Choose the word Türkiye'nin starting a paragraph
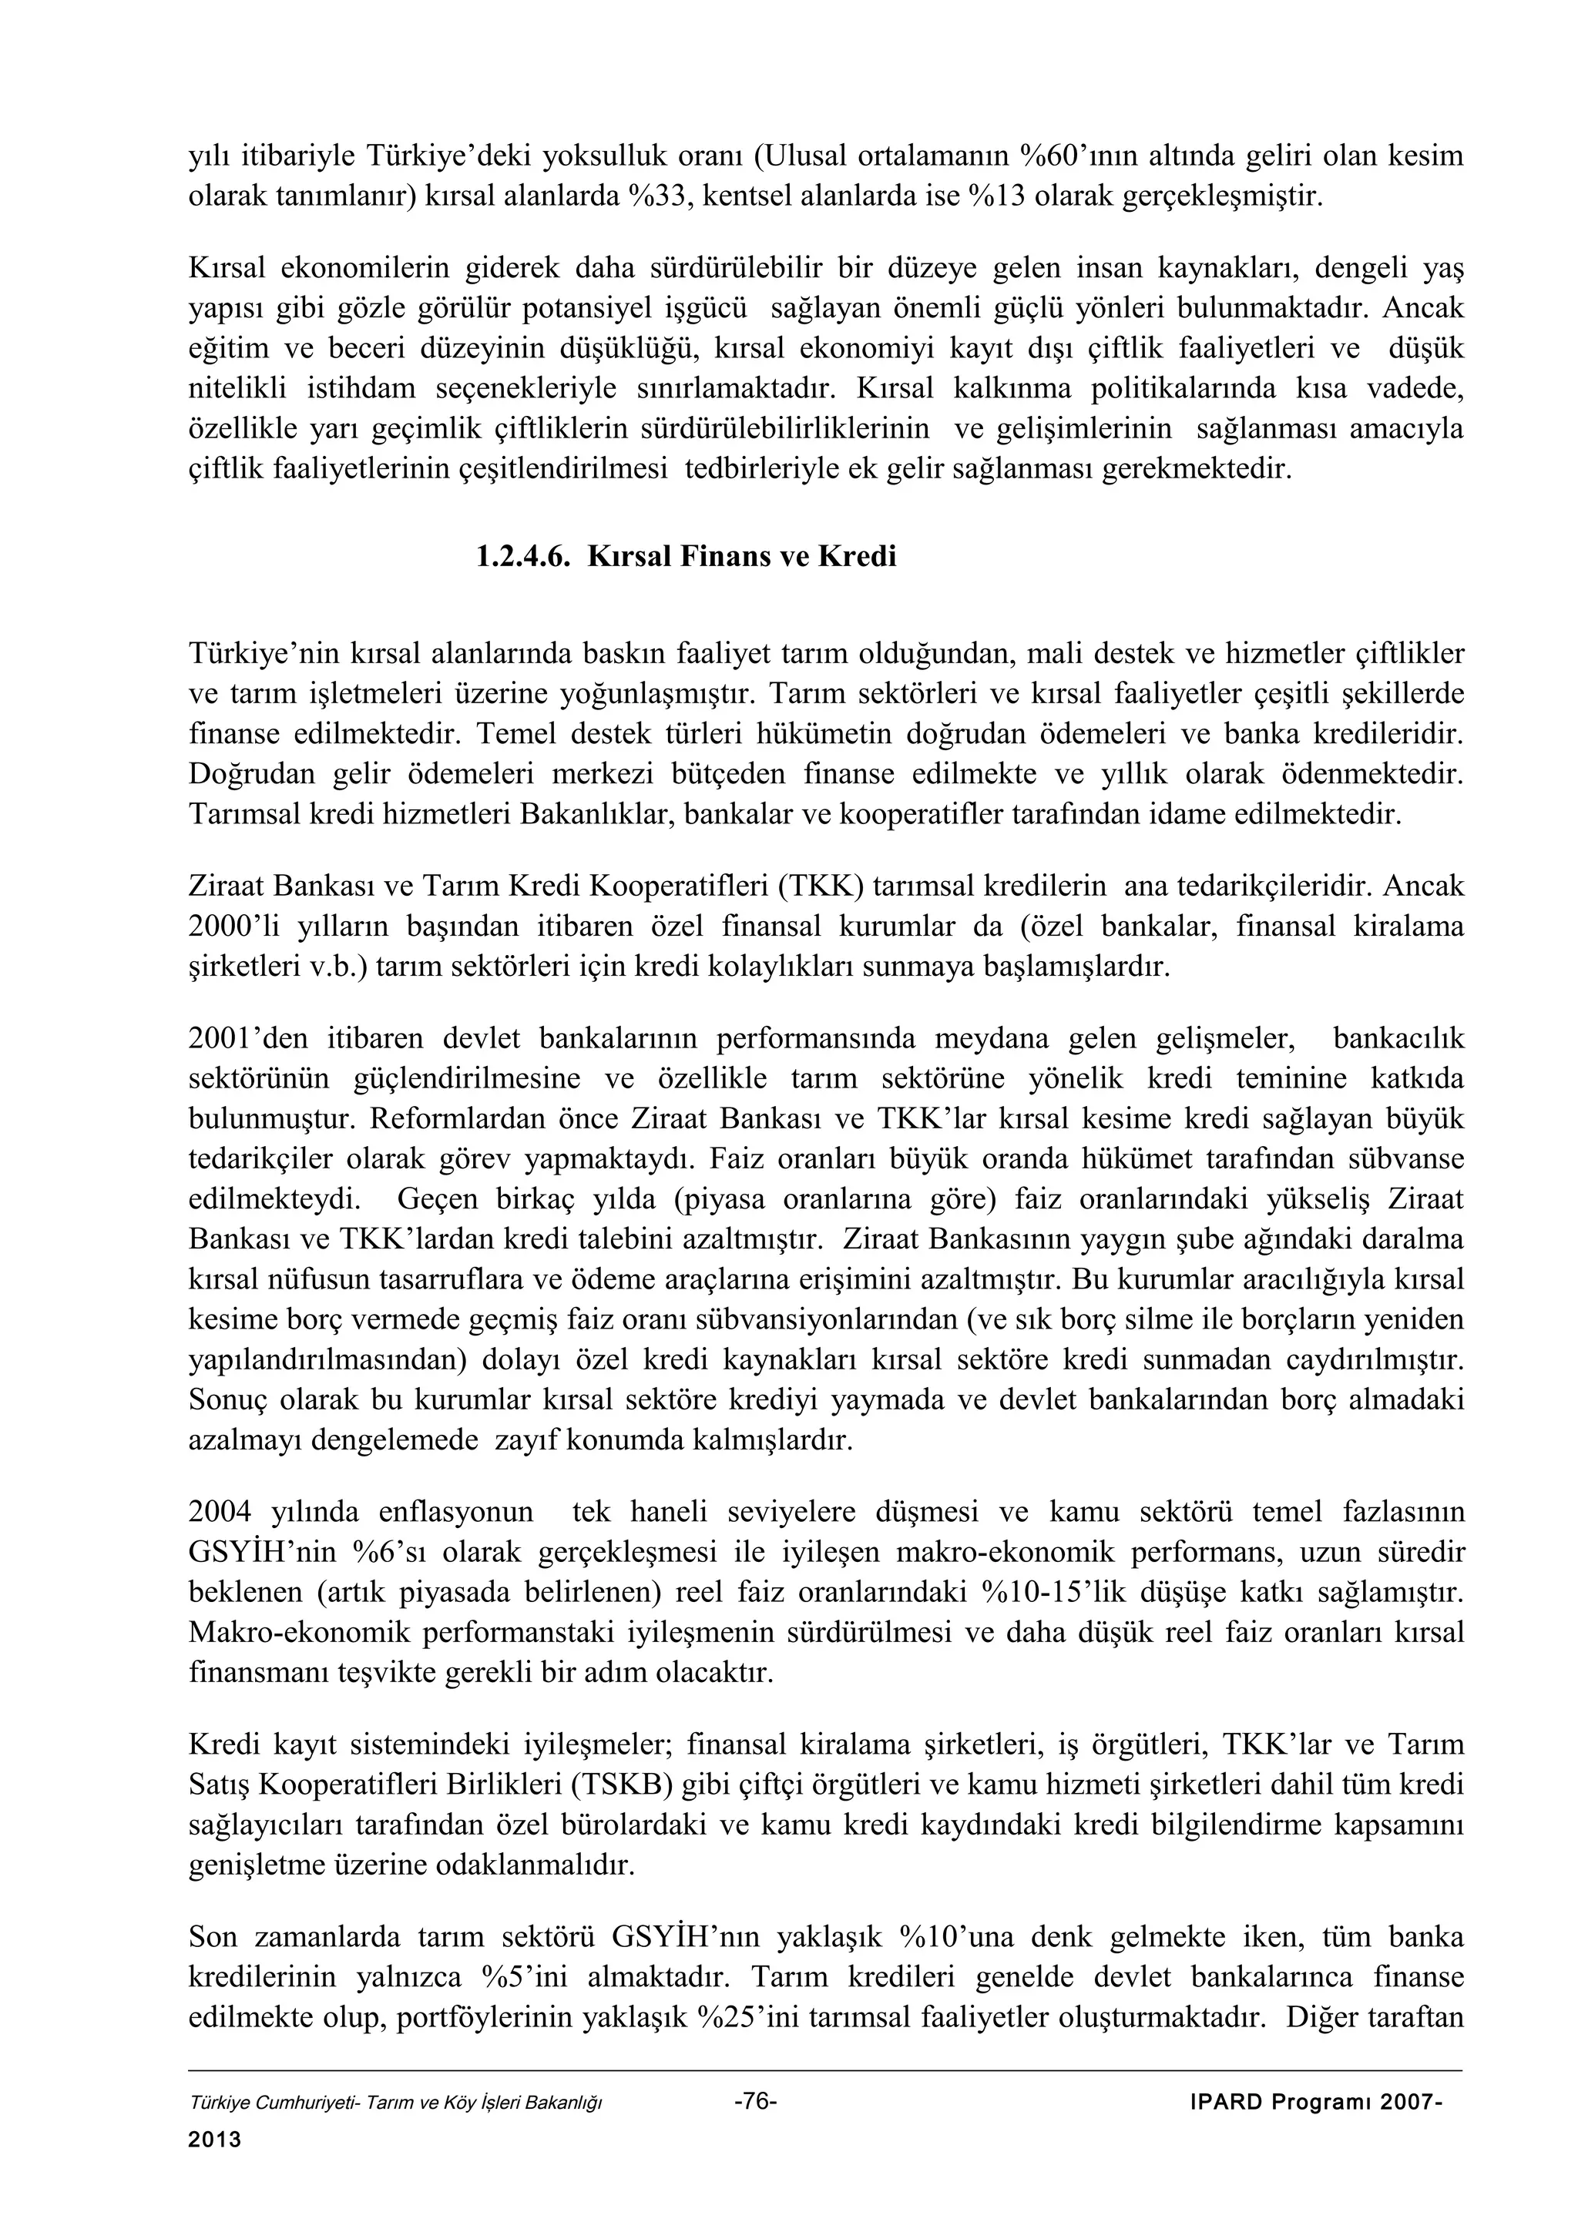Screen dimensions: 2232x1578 tap(251, 652)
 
